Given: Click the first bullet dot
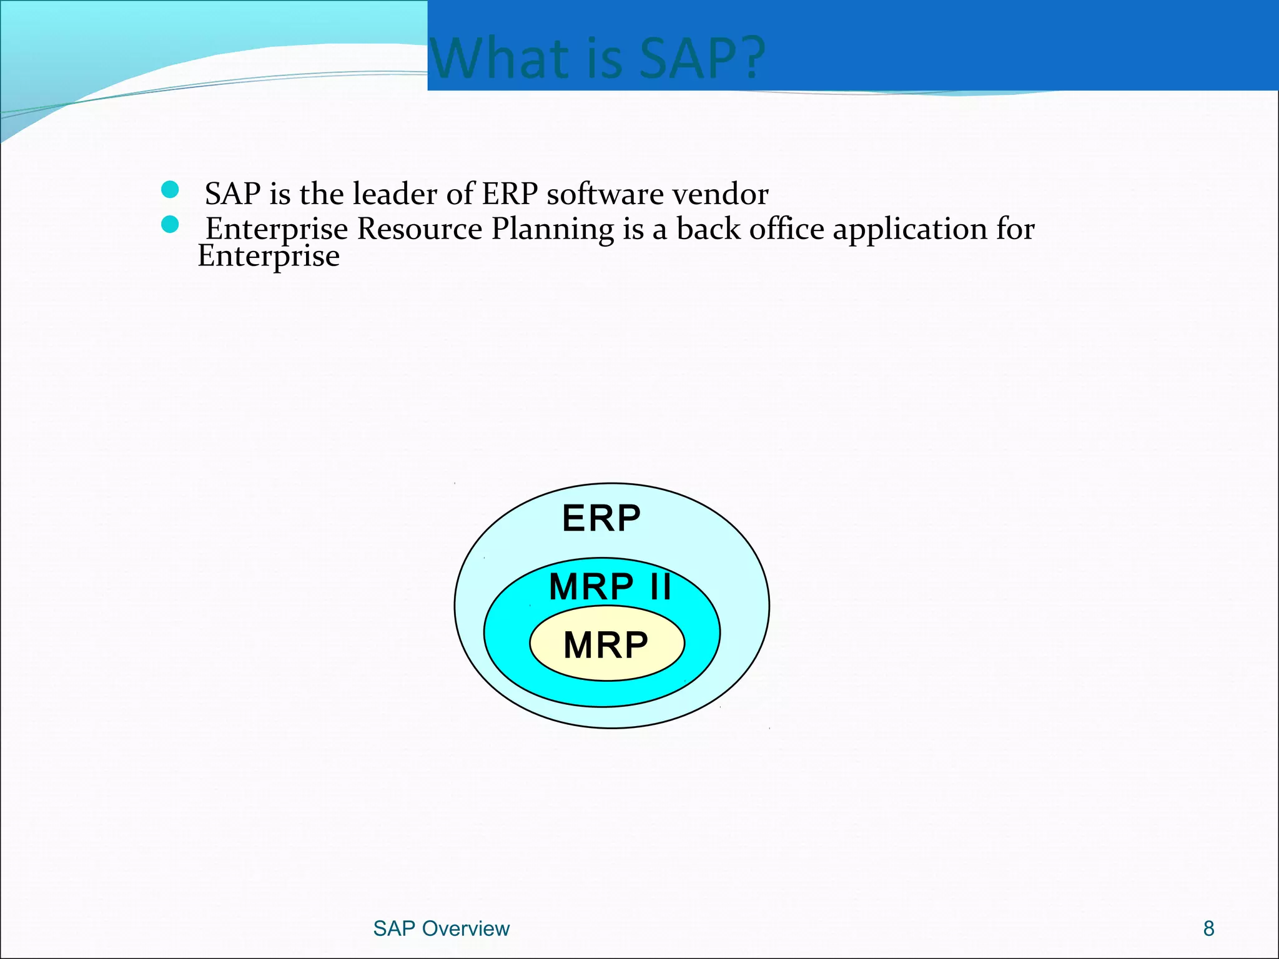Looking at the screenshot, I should [x=170, y=190].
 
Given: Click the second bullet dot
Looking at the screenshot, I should [x=170, y=224].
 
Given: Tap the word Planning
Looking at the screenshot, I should [x=552, y=230].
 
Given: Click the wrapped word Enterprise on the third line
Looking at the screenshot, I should [x=269, y=257].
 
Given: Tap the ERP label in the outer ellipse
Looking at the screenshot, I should [x=601, y=518].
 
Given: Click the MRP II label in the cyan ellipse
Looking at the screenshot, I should [x=610, y=587].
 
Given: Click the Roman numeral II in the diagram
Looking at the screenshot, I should [x=660, y=587].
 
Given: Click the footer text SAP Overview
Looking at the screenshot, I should [x=441, y=928].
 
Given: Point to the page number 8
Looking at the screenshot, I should [x=1208, y=928].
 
